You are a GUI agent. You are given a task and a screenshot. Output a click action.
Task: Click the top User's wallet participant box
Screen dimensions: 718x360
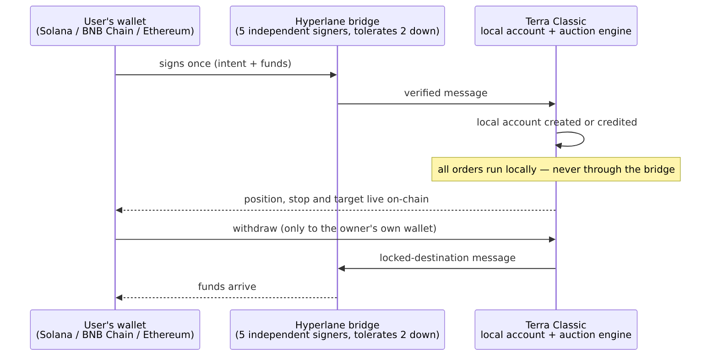pos(115,26)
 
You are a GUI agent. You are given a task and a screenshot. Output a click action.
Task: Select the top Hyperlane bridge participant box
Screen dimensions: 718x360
pos(337,26)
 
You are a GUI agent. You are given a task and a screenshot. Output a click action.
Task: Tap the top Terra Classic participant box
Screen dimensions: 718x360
pos(556,26)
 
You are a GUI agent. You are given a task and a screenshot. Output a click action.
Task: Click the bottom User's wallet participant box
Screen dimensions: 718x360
pos(115,330)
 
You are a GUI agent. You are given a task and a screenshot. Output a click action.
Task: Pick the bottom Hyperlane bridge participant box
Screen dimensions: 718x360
pos(337,330)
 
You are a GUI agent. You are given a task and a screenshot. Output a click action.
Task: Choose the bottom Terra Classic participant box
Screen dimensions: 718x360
pos(556,330)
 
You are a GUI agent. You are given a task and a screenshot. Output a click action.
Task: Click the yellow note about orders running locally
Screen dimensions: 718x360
pos(556,169)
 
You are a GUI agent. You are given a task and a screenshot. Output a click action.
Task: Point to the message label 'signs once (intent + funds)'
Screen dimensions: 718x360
pos(225,64)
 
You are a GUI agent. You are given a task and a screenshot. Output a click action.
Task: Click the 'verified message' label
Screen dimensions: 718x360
pos(446,93)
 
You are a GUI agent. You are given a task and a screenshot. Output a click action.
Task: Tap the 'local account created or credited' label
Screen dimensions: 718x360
pos(557,122)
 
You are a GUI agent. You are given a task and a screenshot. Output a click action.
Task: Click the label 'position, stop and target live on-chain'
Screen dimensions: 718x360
pos(336,199)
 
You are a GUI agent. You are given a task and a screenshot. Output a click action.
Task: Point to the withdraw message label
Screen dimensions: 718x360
pos(334,229)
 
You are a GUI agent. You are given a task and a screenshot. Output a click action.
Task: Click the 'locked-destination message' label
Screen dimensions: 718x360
pos(447,258)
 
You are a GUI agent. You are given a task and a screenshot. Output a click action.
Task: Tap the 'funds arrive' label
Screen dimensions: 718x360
pos(227,287)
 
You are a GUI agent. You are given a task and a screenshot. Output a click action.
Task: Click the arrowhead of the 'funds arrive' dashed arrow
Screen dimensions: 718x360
pos(119,298)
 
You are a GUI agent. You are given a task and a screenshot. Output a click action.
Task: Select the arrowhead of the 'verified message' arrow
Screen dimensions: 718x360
pos(552,104)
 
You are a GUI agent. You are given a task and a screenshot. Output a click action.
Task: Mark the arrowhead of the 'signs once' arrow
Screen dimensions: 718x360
pos(333,75)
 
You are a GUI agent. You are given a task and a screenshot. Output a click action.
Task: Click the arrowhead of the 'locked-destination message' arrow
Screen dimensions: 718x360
pos(342,269)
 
